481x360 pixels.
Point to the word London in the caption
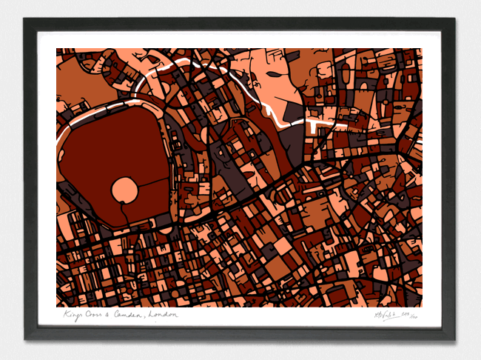pos(164,315)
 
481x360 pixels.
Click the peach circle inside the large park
pos(124,190)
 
